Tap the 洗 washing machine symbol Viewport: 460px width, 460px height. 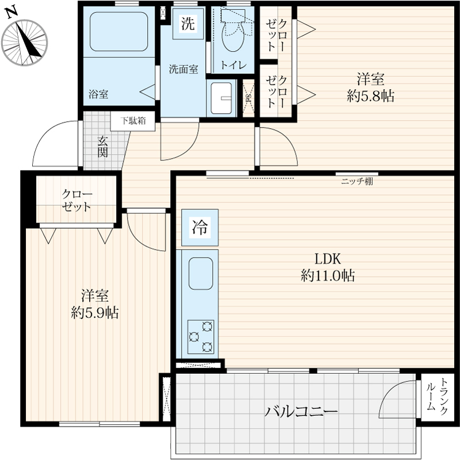point(188,24)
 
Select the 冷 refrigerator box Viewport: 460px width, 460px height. point(200,227)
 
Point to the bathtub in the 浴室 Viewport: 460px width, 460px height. point(118,32)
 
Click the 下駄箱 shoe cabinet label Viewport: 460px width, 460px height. point(133,121)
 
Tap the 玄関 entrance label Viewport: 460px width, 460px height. point(102,147)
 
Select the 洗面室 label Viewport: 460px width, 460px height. point(183,69)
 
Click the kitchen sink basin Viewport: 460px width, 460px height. point(201,274)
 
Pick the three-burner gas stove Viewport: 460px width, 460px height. point(201,336)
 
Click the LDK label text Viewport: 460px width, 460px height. point(328,259)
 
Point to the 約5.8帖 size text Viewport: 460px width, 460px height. point(370,95)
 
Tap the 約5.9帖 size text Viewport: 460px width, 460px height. point(95,313)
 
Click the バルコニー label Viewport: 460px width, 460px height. point(301,411)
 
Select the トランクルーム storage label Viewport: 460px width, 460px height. point(437,394)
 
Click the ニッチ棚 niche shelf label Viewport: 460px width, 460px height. point(357,182)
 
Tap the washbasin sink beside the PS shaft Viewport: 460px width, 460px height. point(221,98)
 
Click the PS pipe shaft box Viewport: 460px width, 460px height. point(248,98)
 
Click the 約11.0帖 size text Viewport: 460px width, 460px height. point(328,276)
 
